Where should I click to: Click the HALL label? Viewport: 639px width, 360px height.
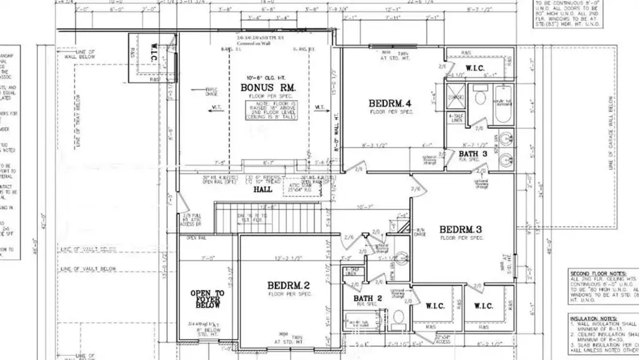262,189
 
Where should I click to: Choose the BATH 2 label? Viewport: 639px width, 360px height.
368,298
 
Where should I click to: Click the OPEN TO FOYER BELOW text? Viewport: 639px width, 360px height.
207,299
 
